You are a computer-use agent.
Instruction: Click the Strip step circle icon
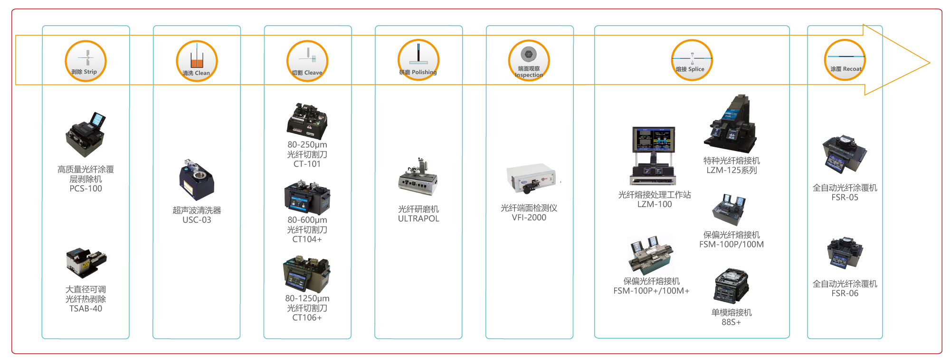85,61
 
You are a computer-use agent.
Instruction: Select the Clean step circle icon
197,61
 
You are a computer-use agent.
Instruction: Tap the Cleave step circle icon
307,61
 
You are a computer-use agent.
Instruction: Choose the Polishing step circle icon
418,60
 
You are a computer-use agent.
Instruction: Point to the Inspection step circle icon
529,61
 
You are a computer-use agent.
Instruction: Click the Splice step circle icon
692,60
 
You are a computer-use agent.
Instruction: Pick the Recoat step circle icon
845,60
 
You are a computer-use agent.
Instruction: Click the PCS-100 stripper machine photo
85,135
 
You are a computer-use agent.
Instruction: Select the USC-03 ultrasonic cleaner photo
196,180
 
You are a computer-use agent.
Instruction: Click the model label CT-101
307,164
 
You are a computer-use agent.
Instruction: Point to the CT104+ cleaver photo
307,197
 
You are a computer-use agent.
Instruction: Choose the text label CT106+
307,318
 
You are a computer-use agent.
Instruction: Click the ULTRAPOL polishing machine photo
418,178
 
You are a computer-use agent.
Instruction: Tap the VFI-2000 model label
529,218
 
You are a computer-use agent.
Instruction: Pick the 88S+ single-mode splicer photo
731,286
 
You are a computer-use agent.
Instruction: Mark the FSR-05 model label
845,198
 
